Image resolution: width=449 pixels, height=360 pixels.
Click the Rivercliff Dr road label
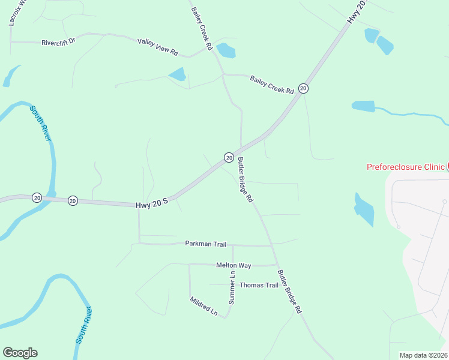click(x=58, y=42)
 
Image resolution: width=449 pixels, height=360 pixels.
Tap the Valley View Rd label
click(x=158, y=47)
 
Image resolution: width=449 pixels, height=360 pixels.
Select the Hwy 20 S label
click(x=151, y=205)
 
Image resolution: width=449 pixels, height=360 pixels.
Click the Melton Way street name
click(x=233, y=265)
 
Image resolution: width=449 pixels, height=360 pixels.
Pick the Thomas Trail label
click(x=259, y=285)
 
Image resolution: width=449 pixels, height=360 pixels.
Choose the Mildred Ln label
click(x=203, y=306)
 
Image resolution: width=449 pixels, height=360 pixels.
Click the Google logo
click(x=20, y=353)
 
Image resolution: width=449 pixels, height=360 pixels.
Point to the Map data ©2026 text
click(x=423, y=355)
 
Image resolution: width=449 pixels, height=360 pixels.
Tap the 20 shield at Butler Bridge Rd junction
click(x=229, y=157)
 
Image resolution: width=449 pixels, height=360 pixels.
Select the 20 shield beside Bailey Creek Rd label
click(x=304, y=88)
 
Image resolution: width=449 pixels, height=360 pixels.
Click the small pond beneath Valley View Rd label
click(x=177, y=74)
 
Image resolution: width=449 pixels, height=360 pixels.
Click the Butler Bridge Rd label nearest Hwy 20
click(x=245, y=179)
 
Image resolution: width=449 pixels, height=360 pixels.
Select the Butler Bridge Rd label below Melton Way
click(x=289, y=292)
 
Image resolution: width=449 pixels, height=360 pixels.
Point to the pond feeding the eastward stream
click(x=363, y=106)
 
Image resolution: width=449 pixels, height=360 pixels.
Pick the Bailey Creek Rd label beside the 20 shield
click(x=272, y=84)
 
